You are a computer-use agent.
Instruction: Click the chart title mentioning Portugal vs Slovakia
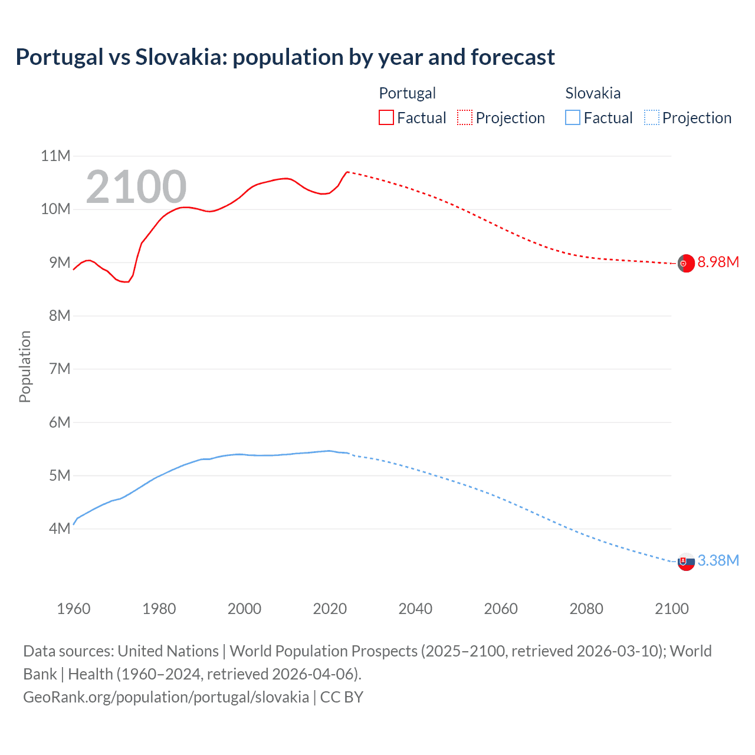(x=285, y=57)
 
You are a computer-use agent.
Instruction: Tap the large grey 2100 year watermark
(x=136, y=187)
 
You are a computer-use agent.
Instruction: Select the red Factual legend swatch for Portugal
(x=386, y=117)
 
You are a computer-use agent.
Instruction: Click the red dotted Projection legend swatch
(x=465, y=117)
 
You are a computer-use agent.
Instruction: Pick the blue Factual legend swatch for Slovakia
(x=572, y=117)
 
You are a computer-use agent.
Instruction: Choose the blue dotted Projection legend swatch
(x=651, y=117)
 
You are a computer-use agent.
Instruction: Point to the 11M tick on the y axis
(x=55, y=156)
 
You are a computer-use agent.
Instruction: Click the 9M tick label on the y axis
(x=60, y=262)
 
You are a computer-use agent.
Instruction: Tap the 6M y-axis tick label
(x=60, y=422)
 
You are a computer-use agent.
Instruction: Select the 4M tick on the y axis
(x=60, y=528)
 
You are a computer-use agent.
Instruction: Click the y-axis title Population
(x=25, y=366)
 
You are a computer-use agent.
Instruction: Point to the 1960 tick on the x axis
(x=74, y=609)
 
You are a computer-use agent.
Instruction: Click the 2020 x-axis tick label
(x=330, y=609)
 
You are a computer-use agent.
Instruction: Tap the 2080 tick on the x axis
(x=586, y=609)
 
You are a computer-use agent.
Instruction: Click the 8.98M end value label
(x=718, y=262)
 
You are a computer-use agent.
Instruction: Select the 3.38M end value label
(x=718, y=560)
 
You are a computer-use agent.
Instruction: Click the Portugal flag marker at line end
(x=685, y=264)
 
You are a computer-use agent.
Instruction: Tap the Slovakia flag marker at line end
(x=685, y=562)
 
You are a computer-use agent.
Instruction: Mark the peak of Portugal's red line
(x=347, y=172)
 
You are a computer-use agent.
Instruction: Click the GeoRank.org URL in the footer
(x=166, y=697)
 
